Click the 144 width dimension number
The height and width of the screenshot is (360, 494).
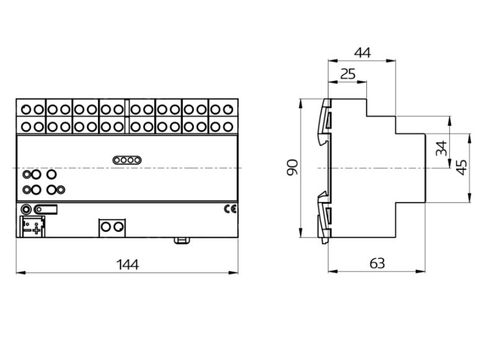pyautogui.click(x=128, y=265)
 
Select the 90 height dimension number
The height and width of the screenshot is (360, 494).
pyautogui.click(x=293, y=167)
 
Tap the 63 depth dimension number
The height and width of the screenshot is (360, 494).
pyautogui.click(x=377, y=263)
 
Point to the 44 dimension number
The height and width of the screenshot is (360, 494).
pyautogui.click(x=363, y=53)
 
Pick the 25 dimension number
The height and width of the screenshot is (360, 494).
pyautogui.click(x=348, y=74)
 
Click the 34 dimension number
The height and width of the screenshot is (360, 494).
pyautogui.click(x=441, y=148)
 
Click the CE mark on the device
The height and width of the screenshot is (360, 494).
pyautogui.click(x=230, y=209)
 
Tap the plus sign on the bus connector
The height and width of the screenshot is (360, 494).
pyautogui.click(x=37, y=230)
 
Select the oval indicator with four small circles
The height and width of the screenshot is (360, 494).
pyautogui.click(x=127, y=160)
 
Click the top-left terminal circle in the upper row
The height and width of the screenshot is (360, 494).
pyautogui.click(x=26, y=110)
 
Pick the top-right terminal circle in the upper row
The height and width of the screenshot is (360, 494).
pyautogui.click(x=227, y=110)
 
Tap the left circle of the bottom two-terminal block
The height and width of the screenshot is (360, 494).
pyautogui.click(x=106, y=226)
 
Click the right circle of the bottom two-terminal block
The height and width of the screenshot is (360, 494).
pyautogui.click(x=118, y=226)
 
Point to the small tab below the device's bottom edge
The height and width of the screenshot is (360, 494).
pyautogui.click(x=182, y=240)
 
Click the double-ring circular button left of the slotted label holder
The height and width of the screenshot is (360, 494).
pyautogui.click(x=26, y=209)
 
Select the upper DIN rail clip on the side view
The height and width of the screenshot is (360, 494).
pyautogui.click(x=325, y=122)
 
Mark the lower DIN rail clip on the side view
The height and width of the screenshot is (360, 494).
pyautogui.click(x=325, y=217)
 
